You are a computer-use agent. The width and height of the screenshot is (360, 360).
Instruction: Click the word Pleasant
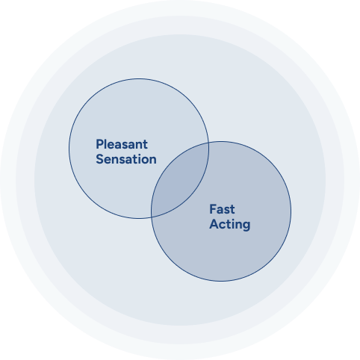[x=122, y=144]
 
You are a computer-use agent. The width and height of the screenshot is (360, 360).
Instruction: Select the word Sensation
[x=126, y=159]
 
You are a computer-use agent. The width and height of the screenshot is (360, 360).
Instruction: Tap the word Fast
[x=222, y=209]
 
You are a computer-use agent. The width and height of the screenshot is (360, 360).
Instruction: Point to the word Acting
[x=230, y=225]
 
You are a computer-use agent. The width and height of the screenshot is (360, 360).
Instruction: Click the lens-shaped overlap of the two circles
[x=180, y=180]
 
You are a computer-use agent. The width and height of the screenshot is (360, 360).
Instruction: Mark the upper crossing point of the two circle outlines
[x=208, y=143]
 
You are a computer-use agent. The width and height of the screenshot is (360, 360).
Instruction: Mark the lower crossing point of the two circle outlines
[x=151, y=217]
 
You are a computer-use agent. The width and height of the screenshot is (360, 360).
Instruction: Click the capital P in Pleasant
[x=99, y=144]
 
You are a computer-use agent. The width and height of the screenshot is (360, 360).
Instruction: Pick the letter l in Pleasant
[x=105, y=144]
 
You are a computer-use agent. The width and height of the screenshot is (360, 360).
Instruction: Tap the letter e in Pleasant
[x=111, y=146]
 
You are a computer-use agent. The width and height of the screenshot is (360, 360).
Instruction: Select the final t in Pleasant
[x=145, y=145]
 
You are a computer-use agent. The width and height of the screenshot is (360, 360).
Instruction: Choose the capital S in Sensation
[x=100, y=159]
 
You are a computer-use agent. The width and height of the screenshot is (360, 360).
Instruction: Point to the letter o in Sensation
[x=145, y=161]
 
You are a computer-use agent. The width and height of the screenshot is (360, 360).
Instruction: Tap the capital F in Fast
[x=213, y=209]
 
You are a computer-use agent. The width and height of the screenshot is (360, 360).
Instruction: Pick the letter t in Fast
[x=232, y=210]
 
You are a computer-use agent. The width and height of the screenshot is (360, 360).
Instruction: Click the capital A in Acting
[x=214, y=224]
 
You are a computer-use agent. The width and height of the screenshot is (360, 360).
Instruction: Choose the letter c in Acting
[x=223, y=226]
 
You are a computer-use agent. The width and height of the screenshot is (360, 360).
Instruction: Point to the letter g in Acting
[x=246, y=226]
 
